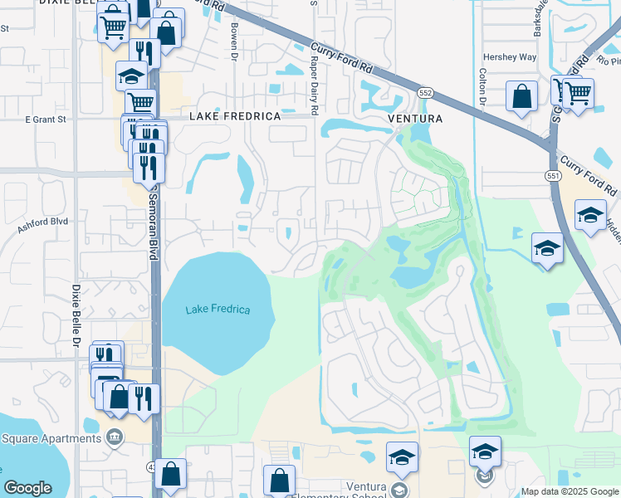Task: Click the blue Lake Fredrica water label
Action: click(218, 310)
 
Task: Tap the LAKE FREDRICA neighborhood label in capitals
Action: click(235, 117)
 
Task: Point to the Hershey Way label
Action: click(510, 57)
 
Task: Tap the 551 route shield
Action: click(552, 175)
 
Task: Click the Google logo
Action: click(27, 488)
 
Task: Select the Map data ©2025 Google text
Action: click(569, 491)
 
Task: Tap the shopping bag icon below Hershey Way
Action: click(523, 95)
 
